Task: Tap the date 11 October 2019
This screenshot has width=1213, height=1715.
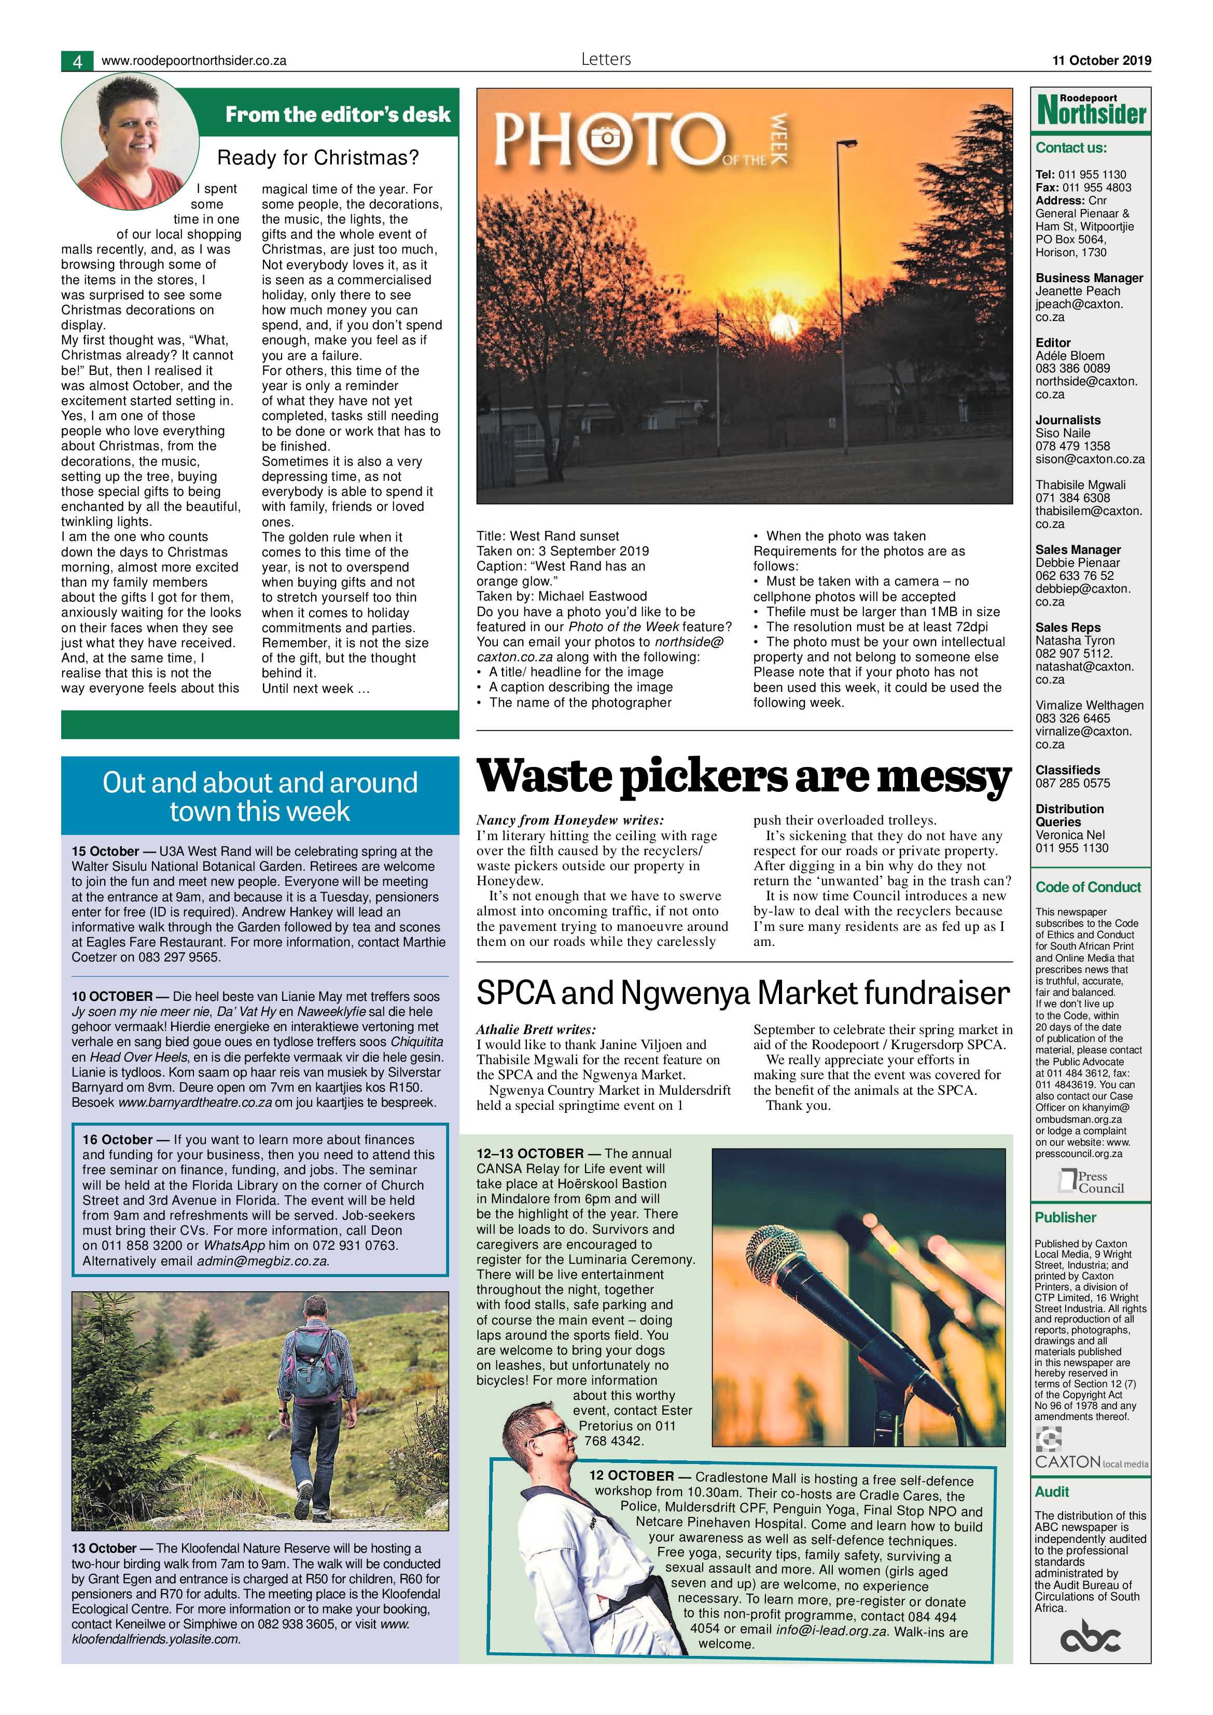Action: point(1102,61)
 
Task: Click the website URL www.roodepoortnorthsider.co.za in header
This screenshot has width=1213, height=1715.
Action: point(193,61)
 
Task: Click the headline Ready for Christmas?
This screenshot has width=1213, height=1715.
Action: point(317,158)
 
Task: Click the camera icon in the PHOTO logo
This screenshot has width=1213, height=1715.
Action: point(606,137)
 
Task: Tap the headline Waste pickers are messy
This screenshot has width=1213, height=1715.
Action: point(744,777)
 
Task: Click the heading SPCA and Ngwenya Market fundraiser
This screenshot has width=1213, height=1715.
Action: point(743,993)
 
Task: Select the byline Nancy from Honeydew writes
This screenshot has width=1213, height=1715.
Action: point(570,820)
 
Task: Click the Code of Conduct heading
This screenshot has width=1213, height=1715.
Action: point(1088,887)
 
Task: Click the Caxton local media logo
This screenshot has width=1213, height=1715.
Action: point(1091,1452)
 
